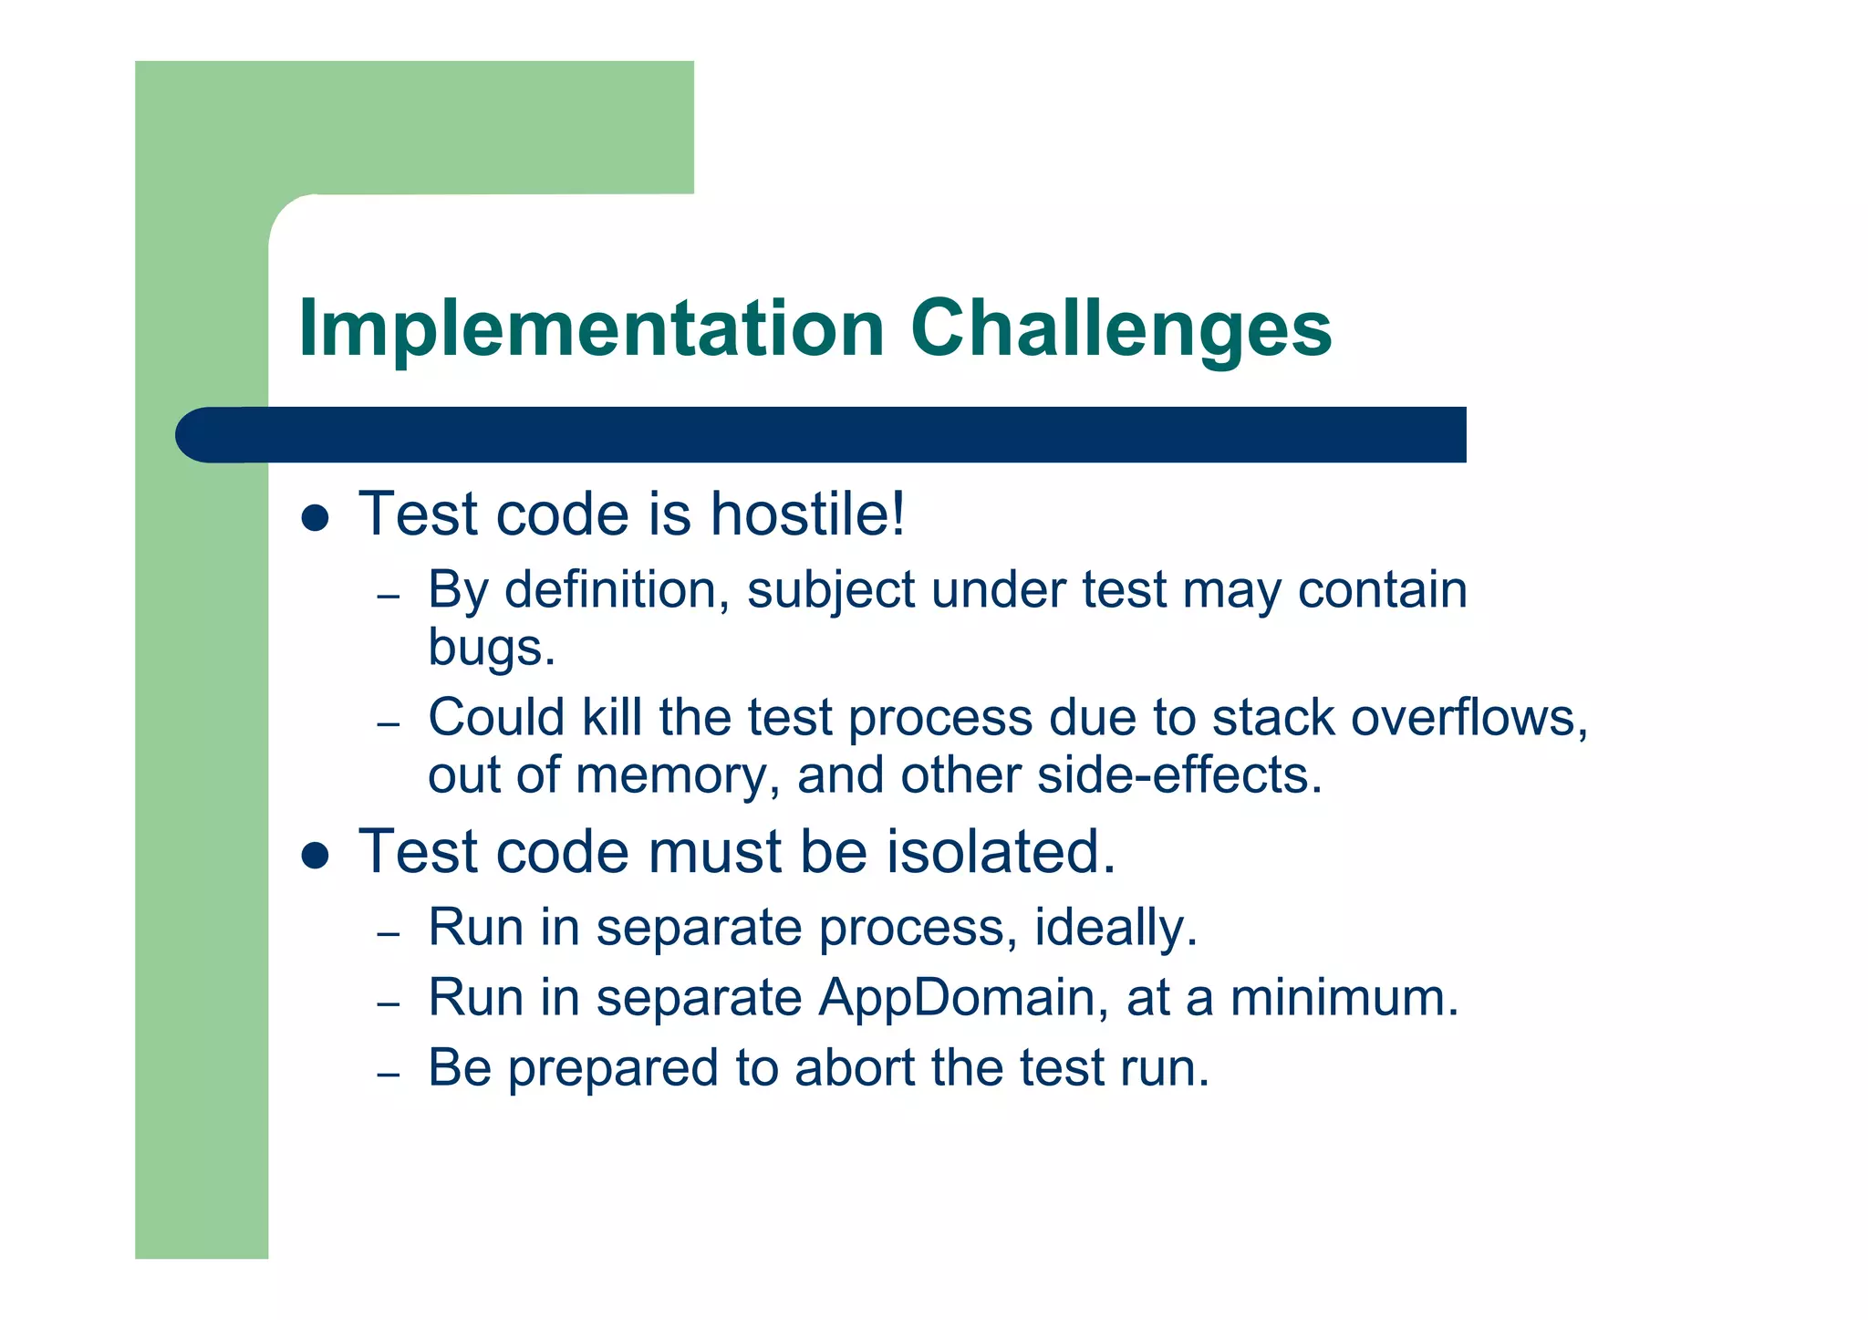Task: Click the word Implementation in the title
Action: coord(591,330)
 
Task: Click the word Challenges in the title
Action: coord(1121,330)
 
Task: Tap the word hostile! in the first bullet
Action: coord(807,514)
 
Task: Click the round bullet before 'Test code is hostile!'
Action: coord(315,519)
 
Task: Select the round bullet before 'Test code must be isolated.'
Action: coord(315,857)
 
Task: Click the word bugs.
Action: coord(491,649)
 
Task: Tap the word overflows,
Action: coord(1469,718)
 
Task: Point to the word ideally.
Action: coord(1115,929)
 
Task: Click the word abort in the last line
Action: coord(854,1068)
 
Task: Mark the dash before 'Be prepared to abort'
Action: coord(389,1075)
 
